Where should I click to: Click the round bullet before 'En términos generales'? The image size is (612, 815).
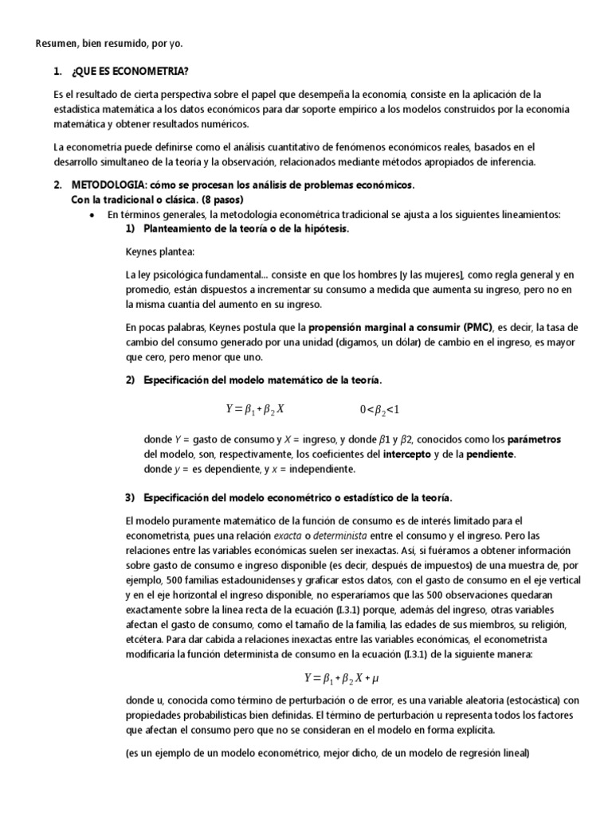click(x=93, y=215)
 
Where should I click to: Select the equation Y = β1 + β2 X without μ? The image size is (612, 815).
click(x=255, y=409)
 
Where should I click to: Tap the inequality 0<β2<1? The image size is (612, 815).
click(x=379, y=409)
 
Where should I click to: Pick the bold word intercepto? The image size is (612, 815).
click(x=406, y=454)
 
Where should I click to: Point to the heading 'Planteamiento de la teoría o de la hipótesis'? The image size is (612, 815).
click(x=246, y=229)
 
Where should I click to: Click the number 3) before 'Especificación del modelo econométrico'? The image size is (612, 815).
click(x=131, y=498)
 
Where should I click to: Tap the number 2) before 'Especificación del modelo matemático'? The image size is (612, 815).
click(x=131, y=379)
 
